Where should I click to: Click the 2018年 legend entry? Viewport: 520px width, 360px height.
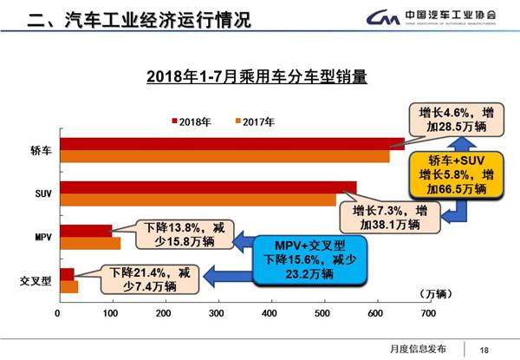pos(191,121)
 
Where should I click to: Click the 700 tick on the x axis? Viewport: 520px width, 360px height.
pos(427,311)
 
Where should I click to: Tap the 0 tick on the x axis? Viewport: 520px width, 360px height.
pos(58,311)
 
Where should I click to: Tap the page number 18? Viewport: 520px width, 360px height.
pos(484,350)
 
